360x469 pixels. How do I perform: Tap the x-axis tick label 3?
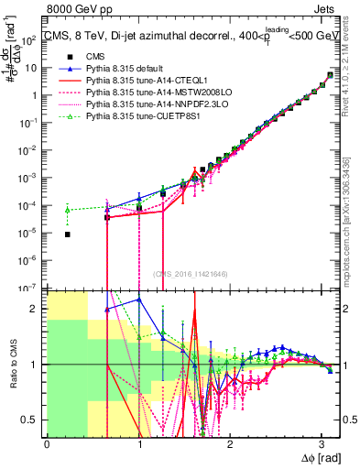(x=322, y=443)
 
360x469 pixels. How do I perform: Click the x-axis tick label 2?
(x=230, y=443)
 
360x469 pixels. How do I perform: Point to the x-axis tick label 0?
(x=47, y=443)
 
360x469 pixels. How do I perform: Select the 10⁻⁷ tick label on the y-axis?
(x=30, y=288)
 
